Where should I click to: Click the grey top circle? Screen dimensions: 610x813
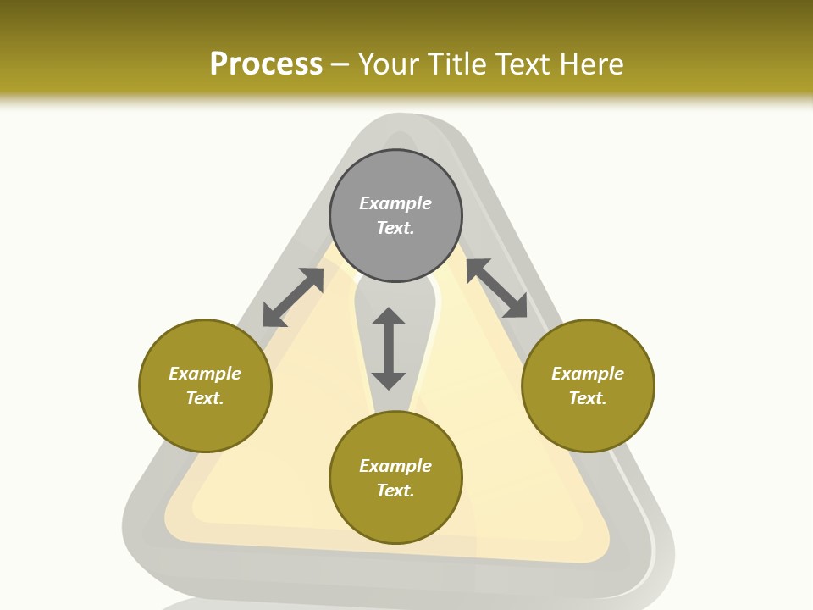[x=395, y=215]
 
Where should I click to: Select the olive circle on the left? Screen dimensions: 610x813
[x=205, y=385]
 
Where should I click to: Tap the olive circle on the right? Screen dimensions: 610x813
[x=588, y=385]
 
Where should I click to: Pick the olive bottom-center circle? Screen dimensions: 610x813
[x=395, y=478]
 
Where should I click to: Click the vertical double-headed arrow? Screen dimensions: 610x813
[x=389, y=348]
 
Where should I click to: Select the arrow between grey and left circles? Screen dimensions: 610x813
[x=293, y=297]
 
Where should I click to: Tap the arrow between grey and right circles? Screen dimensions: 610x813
[x=497, y=288]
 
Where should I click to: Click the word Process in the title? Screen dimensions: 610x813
[x=266, y=64]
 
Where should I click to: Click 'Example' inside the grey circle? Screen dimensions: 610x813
[x=395, y=203]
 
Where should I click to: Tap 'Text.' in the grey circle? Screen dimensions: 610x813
[x=395, y=228]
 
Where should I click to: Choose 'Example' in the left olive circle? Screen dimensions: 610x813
[x=205, y=374]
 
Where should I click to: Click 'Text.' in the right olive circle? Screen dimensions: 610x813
[x=588, y=398]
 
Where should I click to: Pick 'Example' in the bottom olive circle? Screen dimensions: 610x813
[x=395, y=466]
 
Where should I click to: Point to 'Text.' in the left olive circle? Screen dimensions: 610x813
[x=205, y=398]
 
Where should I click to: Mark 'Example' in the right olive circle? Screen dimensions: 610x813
[x=588, y=374]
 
